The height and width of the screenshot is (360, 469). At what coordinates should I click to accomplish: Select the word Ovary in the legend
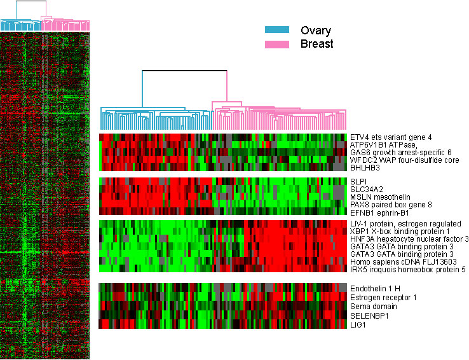316,31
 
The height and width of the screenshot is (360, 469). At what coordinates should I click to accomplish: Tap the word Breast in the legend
317,45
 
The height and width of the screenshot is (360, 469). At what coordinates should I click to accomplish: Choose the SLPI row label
358,181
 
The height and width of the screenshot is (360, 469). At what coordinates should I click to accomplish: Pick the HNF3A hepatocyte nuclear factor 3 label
409,239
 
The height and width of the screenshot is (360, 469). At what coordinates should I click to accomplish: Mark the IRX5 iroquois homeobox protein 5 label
407,270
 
